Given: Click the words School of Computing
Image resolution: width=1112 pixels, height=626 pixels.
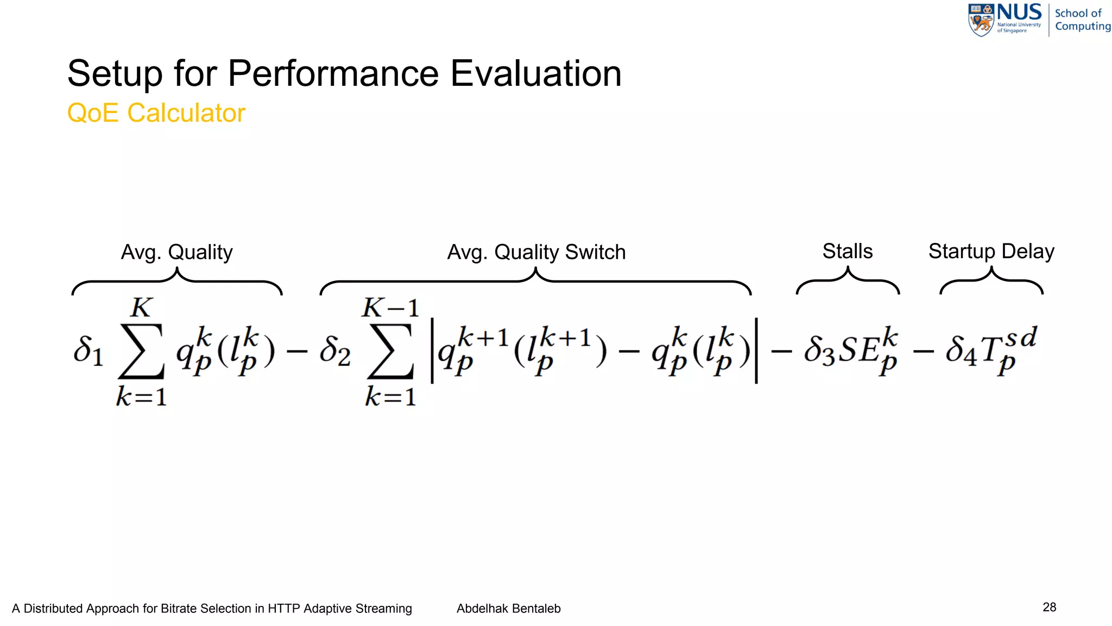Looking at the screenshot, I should click(1082, 20).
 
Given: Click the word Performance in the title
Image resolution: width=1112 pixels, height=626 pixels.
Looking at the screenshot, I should click(333, 73).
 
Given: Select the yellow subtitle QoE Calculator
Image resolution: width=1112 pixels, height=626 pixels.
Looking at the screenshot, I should click(156, 113).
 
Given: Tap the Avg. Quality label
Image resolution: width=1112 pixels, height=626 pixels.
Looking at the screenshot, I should click(176, 252).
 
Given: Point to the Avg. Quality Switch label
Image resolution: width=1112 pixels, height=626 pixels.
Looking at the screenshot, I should click(536, 252).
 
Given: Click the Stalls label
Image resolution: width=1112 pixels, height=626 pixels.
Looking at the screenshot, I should click(847, 251).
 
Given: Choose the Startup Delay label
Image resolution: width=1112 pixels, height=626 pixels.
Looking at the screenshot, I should click(991, 251).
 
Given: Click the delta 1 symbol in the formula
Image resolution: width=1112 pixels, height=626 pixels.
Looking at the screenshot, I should click(87, 350).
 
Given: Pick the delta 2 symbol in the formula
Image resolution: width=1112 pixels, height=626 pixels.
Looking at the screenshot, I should click(334, 350).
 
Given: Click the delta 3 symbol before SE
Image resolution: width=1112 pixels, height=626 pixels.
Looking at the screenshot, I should click(819, 350).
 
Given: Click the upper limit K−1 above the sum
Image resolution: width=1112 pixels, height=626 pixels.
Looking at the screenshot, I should click(390, 308).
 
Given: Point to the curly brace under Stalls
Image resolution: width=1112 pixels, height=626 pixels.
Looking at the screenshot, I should click(848, 281).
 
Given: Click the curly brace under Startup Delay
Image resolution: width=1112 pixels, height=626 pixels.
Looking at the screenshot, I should click(991, 281).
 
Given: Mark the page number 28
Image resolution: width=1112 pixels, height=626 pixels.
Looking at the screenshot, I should click(1049, 607).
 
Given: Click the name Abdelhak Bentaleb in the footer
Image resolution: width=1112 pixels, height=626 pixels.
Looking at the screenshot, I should click(508, 609).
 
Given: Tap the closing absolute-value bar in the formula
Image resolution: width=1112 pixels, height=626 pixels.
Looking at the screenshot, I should click(756, 351).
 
